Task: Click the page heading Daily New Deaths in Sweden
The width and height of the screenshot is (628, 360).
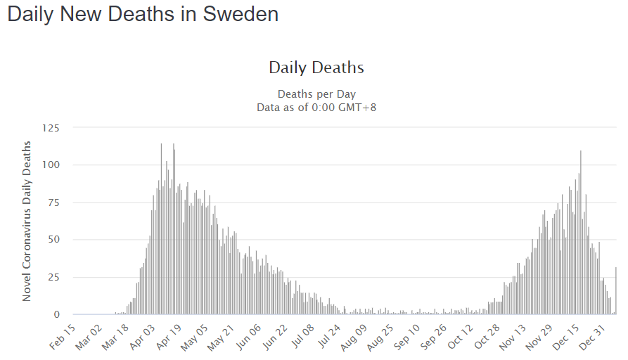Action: [143, 14]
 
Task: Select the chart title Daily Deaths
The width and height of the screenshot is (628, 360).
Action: [316, 67]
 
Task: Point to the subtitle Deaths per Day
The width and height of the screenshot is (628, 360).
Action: [316, 94]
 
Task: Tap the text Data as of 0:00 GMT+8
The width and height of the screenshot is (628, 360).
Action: [316, 107]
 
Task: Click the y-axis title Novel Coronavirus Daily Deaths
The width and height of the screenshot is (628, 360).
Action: [27, 221]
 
